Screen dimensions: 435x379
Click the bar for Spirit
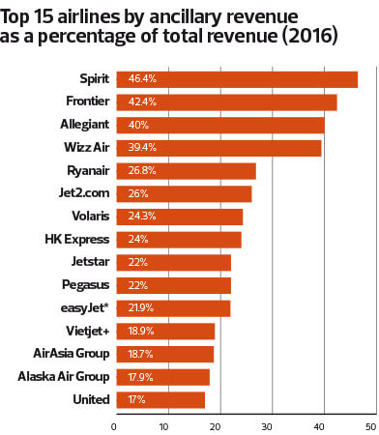(x=236, y=79)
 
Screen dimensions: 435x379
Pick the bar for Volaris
(x=179, y=216)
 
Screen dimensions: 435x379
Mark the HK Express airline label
(x=75, y=239)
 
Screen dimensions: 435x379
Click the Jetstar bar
(x=173, y=262)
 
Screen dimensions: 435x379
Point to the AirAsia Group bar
(x=163, y=353)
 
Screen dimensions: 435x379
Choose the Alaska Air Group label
(x=61, y=376)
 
